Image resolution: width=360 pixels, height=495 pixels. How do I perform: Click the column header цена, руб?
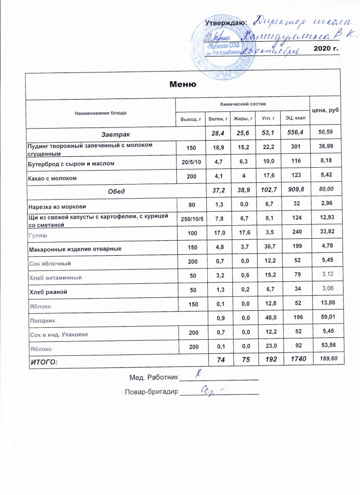[325, 111]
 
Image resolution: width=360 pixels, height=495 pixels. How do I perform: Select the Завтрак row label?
[115, 132]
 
